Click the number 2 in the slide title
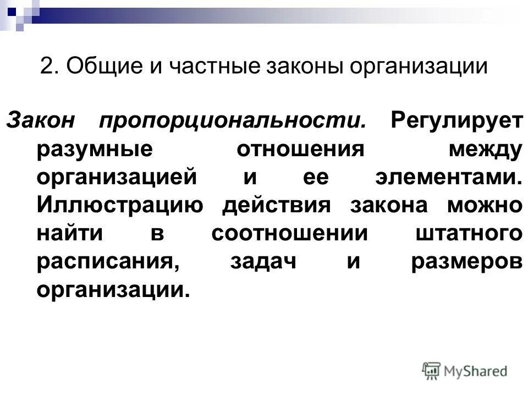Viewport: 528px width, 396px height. point(47,67)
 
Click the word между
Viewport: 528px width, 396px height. point(483,150)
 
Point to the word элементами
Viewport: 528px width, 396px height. point(447,178)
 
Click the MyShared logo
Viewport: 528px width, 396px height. point(465,371)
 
